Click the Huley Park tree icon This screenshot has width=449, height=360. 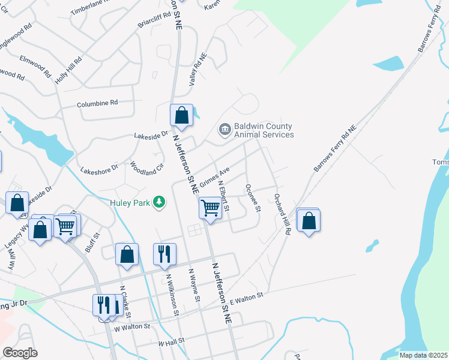click(x=160, y=202)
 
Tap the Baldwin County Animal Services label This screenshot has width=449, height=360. click(x=264, y=131)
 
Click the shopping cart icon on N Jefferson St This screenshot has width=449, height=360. click(x=210, y=208)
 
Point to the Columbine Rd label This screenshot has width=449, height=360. click(x=97, y=104)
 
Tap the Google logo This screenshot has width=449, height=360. click(x=20, y=353)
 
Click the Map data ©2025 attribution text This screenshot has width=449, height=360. click(x=423, y=355)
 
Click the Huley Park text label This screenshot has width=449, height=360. click(x=131, y=203)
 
